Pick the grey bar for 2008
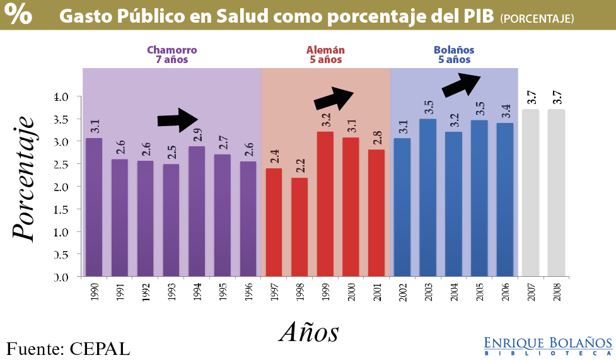pyautogui.click(x=556, y=192)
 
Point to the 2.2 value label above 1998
pyautogui.click(x=300, y=166)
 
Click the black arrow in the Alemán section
pyautogui.click(x=334, y=98)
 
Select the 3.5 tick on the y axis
pyautogui.click(x=66, y=119)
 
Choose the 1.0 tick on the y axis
pyautogui.click(x=66, y=231)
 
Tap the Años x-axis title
pyautogui.click(x=309, y=331)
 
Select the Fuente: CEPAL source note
pyautogui.click(x=68, y=348)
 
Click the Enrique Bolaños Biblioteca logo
pyautogui.click(x=547, y=345)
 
